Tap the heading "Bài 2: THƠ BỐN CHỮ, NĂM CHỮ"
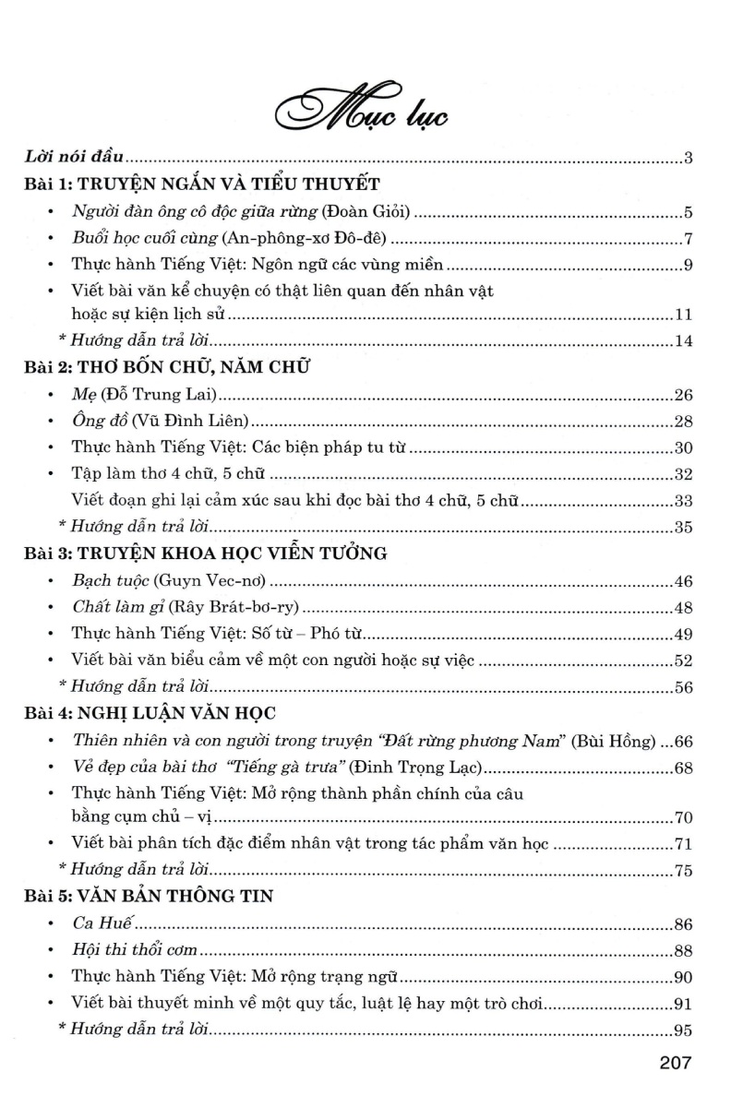click(167, 368)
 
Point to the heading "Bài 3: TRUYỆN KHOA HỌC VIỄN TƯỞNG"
click(205, 553)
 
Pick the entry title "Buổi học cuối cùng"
click(138, 240)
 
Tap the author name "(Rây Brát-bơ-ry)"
click(232, 609)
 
